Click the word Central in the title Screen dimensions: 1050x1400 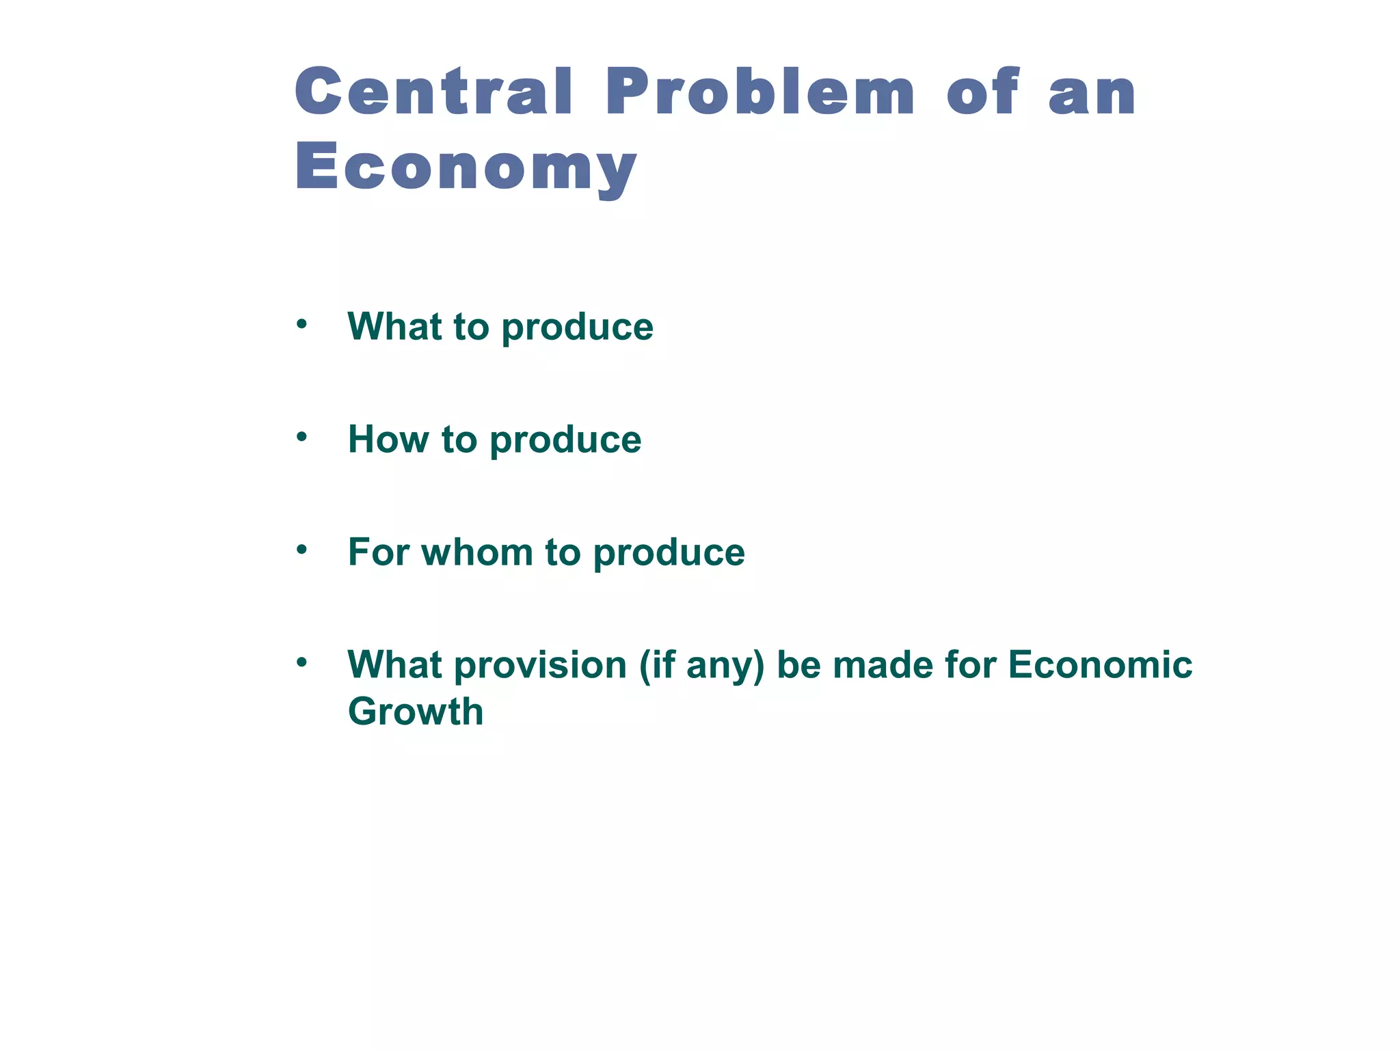coord(433,92)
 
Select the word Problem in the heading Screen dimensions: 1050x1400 coord(759,92)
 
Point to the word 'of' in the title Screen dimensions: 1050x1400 coord(983,92)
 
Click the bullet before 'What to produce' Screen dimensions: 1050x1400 coord(301,324)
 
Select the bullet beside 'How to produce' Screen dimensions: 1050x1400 coord(301,437)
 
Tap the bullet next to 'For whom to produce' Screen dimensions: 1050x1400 coord(301,550)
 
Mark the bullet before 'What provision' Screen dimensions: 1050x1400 coord(301,662)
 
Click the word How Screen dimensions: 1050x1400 coord(388,439)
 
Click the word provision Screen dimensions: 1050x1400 coord(540,665)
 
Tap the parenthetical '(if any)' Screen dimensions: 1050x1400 coord(701,666)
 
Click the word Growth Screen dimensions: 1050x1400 coord(416,712)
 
